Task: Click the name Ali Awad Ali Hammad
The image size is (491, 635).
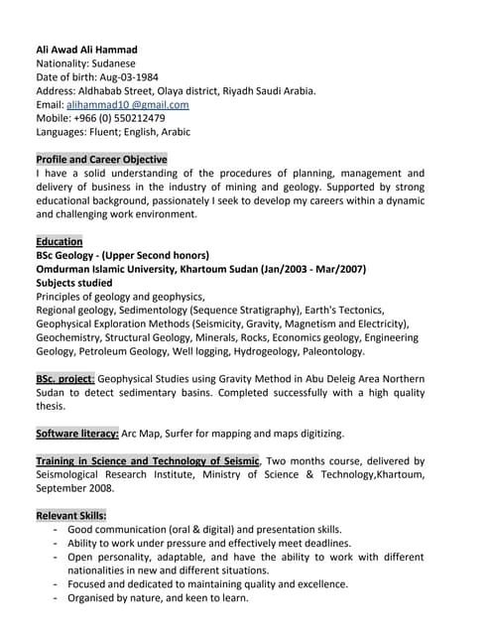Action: [86, 50]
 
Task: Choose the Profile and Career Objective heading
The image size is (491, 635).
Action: [101, 159]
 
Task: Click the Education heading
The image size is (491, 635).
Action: [60, 241]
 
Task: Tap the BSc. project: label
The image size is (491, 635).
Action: [65, 379]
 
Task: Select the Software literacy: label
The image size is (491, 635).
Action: [77, 434]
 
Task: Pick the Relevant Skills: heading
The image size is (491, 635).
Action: [71, 516]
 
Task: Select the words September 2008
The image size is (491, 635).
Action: [71, 488]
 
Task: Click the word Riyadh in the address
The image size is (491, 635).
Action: [243, 90]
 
